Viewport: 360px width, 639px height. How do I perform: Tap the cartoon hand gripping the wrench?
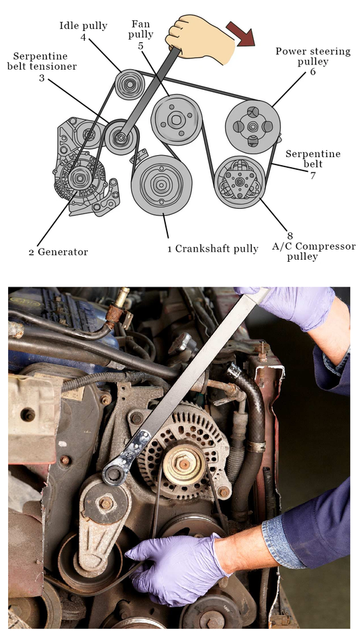(x=199, y=38)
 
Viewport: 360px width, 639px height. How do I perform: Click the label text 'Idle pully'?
(x=83, y=26)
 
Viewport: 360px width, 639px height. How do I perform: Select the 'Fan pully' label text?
(x=140, y=30)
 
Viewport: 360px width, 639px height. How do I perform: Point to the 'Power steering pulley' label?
(x=313, y=56)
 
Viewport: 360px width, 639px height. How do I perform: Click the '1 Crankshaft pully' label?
(x=212, y=248)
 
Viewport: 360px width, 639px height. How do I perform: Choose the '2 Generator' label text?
(x=58, y=252)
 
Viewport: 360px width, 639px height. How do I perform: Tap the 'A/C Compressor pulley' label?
(x=314, y=252)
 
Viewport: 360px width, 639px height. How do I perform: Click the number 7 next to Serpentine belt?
(x=313, y=176)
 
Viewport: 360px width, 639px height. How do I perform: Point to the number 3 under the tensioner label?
(x=41, y=78)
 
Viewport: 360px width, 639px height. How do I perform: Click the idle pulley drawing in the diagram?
(x=129, y=85)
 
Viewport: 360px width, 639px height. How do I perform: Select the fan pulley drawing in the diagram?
(x=176, y=119)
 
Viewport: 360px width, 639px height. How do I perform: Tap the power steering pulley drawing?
(x=253, y=127)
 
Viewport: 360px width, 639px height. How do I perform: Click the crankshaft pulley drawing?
(x=161, y=185)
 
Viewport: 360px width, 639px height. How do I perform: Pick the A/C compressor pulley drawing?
(x=240, y=182)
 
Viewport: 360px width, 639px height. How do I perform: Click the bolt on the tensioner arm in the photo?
(x=106, y=503)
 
